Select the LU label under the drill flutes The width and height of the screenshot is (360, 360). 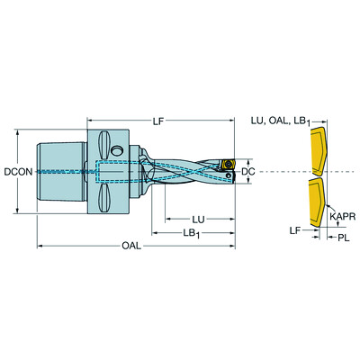(x=202, y=219)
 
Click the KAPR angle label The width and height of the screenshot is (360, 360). (x=341, y=216)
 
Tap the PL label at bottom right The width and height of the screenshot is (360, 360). (x=342, y=238)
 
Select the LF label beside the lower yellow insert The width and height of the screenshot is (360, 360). (x=293, y=230)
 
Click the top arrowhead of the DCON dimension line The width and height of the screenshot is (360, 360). (x=19, y=131)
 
